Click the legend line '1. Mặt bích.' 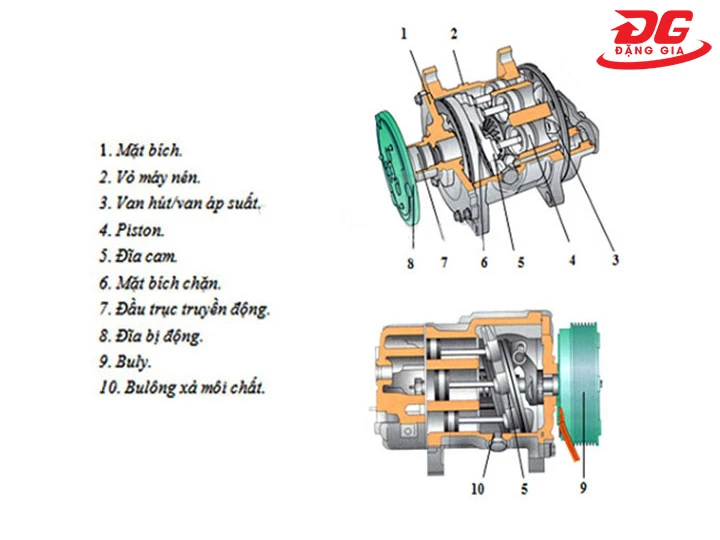click(x=141, y=150)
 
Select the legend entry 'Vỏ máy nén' click(x=150, y=177)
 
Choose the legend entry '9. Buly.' click(x=128, y=361)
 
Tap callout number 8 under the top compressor click(x=409, y=266)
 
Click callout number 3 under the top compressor click(x=616, y=261)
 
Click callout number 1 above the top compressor click(x=404, y=33)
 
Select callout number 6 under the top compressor click(x=483, y=263)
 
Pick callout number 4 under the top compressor click(x=571, y=262)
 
